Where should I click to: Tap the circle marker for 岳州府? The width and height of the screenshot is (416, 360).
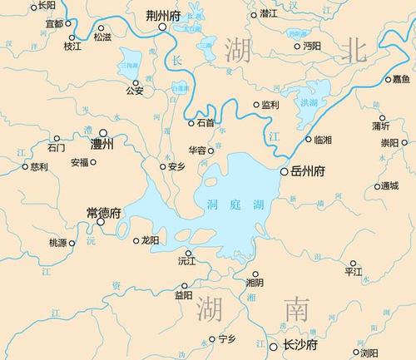284,172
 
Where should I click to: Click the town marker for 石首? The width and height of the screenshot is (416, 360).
191,122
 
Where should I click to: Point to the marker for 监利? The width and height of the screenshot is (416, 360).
256,105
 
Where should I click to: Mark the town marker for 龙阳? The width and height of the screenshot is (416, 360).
136,241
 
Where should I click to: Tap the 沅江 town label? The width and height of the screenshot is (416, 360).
187,261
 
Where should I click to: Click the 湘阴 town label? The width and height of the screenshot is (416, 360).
255,283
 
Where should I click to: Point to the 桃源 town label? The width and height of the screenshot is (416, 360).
57,243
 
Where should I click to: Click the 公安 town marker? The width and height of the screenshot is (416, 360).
138,82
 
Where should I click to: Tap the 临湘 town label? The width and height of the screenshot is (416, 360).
314,140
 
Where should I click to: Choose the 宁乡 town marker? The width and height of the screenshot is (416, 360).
211,338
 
